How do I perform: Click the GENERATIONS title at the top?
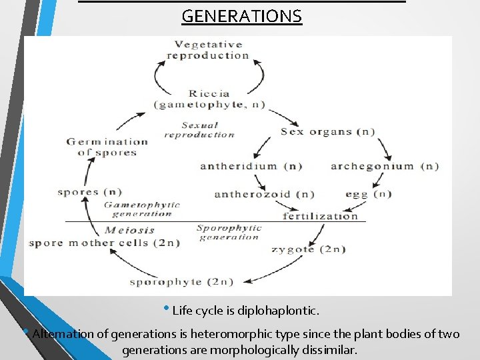click(x=241, y=16)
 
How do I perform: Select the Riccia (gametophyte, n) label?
click(x=209, y=99)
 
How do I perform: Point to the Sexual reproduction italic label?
click(x=199, y=129)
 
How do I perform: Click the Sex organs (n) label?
click(x=327, y=131)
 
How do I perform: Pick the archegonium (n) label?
click(x=385, y=166)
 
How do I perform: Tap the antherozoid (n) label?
click(x=264, y=195)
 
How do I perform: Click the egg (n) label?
click(x=368, y=195)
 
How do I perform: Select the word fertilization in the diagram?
click(x=320, y=215)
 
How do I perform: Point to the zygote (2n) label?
click(x=308, y=249)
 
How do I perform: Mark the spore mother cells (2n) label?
click(x=104, y=243)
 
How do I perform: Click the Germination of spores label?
click(x=107, y=147)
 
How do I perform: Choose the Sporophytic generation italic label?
click(x=229, y=232)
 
